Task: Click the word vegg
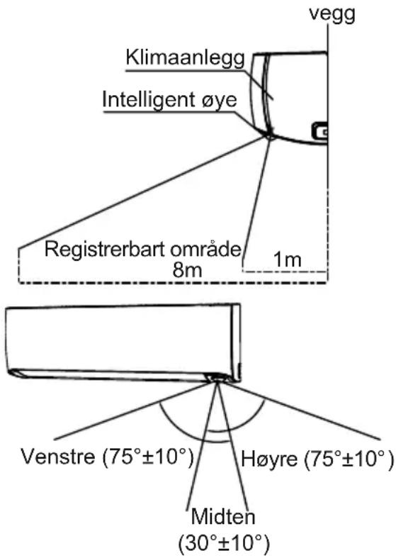332,15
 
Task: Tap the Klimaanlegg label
186,57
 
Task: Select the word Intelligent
149,100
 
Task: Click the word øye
219,101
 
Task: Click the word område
205,248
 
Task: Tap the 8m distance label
187,270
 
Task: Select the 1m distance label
287,260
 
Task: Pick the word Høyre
269,459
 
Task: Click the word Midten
223,517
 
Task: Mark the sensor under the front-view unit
217,378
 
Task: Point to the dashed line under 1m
283,272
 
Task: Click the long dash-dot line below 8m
172,283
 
